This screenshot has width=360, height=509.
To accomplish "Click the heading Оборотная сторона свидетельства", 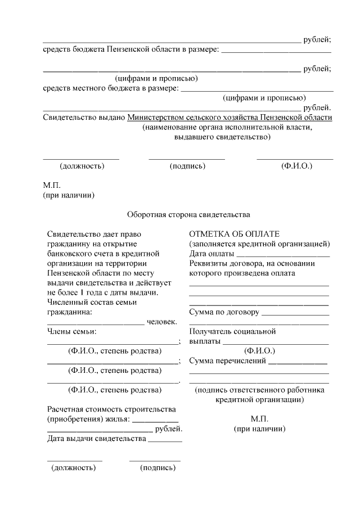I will pyautogui.click(x=188, y=214).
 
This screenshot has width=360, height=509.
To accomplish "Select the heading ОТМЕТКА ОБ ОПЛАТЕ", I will pyautogui.click(x=235, y=234).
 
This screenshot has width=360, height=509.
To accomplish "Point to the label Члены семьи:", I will pyautogui.click(x=71, y=331).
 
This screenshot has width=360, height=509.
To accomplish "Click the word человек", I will pyautogui.click(x=162, y=322).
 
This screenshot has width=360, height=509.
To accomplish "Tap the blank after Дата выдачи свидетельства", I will pyautogui.click(x=165, y=440).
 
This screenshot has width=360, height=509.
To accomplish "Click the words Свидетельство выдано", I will pyautogui.click(x=84, y=117).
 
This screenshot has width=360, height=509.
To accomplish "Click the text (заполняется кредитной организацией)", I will pyautogui.click(x=259, y=244).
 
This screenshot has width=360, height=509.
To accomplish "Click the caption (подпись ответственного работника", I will pyautogui.click(x=259, y=390).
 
